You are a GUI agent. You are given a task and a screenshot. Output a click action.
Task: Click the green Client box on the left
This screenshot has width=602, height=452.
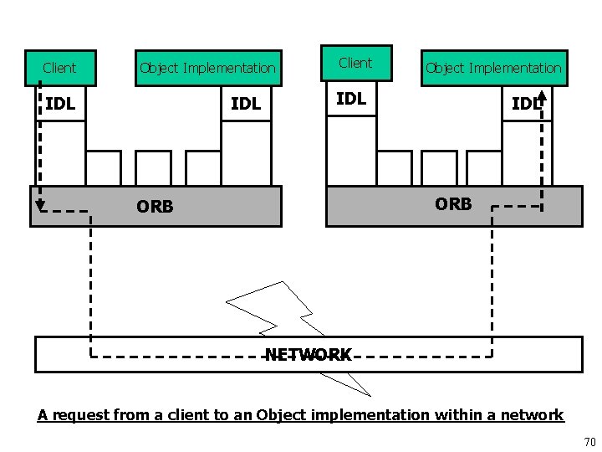59,68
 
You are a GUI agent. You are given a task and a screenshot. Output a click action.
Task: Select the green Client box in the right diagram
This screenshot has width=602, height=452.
355,63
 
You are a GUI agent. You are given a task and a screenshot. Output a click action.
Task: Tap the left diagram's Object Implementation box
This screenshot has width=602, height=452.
207,68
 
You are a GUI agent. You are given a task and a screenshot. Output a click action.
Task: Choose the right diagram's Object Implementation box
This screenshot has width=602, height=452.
493,68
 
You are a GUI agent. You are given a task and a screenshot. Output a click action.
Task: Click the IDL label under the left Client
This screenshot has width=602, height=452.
60,105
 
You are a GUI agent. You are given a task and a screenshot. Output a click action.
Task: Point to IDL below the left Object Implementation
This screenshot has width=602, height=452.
246,105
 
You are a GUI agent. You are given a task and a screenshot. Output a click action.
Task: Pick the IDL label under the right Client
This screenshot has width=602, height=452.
351,99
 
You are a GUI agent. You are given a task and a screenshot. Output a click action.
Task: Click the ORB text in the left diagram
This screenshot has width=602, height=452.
155,207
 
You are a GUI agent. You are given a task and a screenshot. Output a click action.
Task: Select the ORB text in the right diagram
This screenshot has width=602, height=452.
453,203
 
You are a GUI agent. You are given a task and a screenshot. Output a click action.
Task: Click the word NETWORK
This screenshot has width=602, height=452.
309,355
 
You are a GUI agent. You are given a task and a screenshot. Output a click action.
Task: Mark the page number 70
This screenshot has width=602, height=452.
588,442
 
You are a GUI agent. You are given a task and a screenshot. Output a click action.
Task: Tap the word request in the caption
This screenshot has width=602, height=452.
76,415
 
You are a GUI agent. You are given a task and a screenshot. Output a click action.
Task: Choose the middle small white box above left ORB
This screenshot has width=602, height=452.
153,167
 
